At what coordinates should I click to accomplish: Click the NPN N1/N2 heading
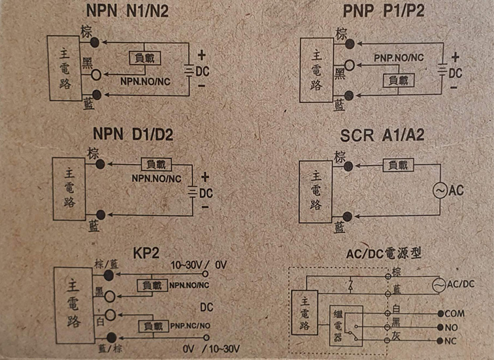(127, 10)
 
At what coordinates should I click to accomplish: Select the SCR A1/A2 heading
(382, 135)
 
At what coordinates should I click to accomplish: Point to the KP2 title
(146, 253)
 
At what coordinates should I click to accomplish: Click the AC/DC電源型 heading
(384, 254)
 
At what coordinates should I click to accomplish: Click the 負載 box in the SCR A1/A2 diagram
(398, 165)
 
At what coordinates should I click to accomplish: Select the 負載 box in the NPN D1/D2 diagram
(156, 165)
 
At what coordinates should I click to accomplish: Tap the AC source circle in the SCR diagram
(440, 190)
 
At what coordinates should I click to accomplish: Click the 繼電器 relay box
(346, 325)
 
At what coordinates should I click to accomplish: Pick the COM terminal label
(455, 314)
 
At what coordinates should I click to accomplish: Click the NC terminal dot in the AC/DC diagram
(440, 341)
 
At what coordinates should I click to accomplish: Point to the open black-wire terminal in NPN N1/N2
(96, 75)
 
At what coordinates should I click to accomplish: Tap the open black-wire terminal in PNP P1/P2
(350, 65)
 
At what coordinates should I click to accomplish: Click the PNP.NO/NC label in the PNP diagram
(399, 58)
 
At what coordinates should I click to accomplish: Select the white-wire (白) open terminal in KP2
(110, 315)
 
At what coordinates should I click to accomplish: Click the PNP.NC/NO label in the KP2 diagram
(190, 325)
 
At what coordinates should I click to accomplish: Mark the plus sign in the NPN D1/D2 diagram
(205, 177)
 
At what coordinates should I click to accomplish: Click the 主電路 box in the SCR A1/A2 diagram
(316, 192)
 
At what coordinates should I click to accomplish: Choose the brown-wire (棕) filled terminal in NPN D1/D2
(100, 164)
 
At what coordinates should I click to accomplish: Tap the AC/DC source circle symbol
(439, 285)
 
